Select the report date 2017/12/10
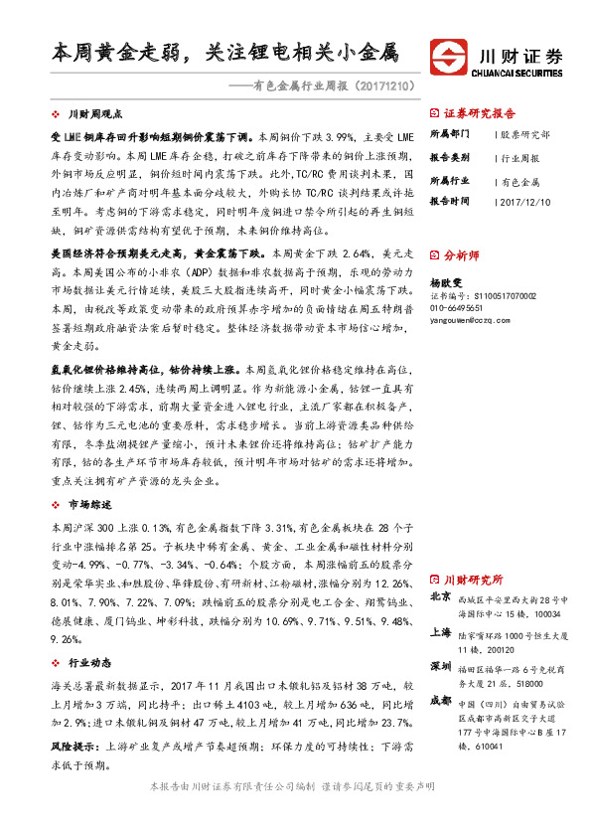(525, 201)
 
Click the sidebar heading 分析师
(465, 253)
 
